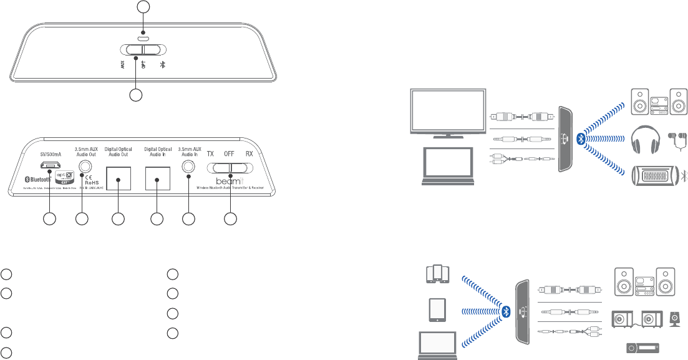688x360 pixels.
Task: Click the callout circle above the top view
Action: [143, 7]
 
